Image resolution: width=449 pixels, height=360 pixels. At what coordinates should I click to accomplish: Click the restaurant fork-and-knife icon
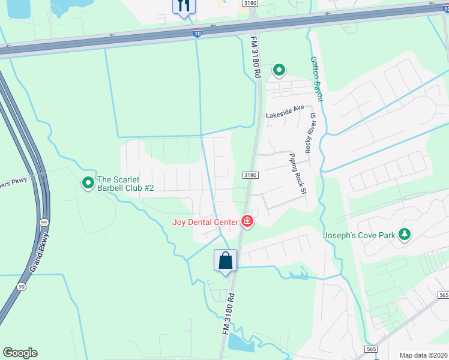pos(184,6)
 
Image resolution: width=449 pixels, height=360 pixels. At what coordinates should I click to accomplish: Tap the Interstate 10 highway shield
pos(197,34)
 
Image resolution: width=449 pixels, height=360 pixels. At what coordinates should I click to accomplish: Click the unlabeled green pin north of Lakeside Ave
pos(279,71)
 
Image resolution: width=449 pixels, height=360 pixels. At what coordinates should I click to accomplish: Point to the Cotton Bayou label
pos(316,79)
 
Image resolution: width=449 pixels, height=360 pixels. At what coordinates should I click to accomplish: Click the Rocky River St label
pos(310,132)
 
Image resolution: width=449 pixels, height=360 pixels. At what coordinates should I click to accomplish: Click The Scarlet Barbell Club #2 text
pos(126,184)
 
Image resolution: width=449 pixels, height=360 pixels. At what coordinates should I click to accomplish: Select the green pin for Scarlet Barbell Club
pos(88,181)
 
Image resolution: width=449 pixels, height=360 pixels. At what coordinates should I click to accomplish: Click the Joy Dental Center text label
pos(205,222)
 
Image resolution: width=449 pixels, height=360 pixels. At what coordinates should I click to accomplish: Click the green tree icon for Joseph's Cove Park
pos(405,234)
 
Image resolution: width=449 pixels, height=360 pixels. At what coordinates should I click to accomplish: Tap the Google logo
pos(20,353)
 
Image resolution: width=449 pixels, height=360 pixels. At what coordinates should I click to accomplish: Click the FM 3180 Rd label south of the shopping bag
pos(228,314)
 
